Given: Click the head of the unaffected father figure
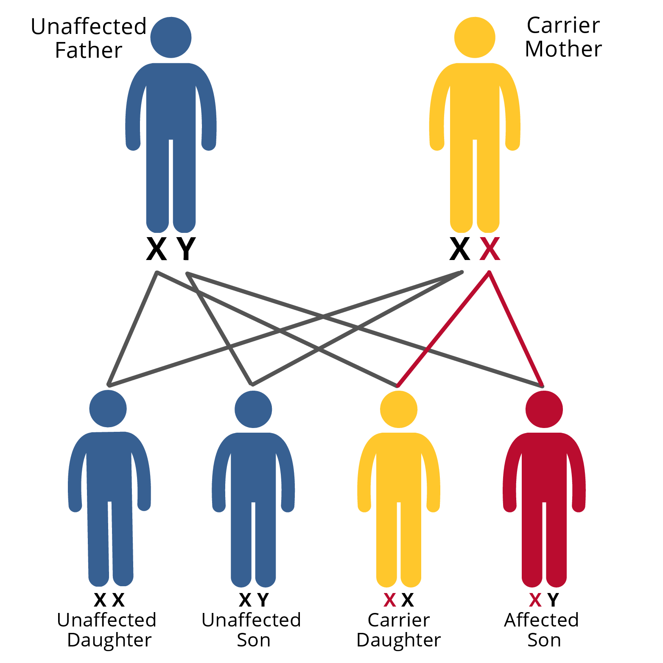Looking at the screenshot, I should click(171, 37).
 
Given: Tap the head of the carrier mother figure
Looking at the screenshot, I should click(475, 37).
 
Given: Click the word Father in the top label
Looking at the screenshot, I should click(89, 50).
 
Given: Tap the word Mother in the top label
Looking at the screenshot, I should click(563, 49).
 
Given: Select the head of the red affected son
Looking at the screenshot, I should click(544, 409).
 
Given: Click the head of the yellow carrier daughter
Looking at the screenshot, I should click(399, 409).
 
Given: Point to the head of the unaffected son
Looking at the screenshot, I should click(253, 409).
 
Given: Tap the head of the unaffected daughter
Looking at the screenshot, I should click(108, 408).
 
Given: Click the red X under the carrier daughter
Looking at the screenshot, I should click(389, 600).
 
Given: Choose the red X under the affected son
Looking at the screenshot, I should click(535, 600).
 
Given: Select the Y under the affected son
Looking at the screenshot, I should click(553, 600).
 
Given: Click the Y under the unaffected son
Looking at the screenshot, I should click(263, 600).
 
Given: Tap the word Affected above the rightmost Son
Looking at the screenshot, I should click(541, 620).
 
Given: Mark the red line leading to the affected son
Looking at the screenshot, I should click(516, 329).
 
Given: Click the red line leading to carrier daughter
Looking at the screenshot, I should click(443, 329).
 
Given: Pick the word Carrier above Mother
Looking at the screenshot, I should click(563, 25).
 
